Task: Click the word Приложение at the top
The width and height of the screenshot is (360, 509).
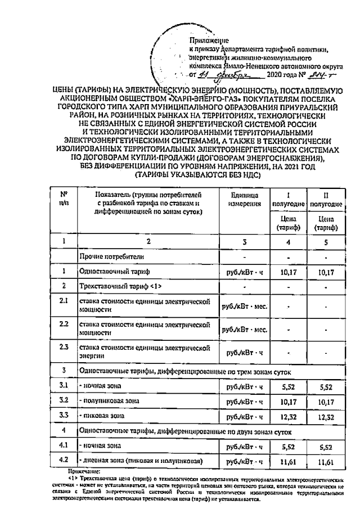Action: (208, 40)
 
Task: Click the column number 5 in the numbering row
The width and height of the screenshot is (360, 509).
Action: (323, 241)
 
